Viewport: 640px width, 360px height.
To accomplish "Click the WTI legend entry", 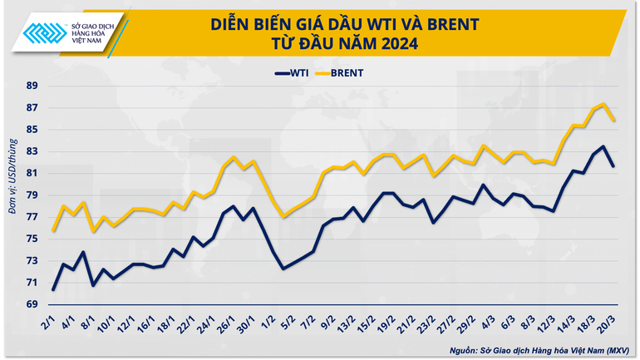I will pos(293,73).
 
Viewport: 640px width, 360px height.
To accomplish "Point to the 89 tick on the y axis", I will pos(32,86).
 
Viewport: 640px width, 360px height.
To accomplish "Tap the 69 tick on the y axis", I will pos(32,304).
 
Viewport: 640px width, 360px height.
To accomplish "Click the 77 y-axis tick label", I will pos(32,217).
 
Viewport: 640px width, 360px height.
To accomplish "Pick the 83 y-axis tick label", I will pos(32,151).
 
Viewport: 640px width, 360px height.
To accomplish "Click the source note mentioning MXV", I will pos(540,349).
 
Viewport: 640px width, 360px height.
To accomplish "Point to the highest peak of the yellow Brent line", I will pos(603,104).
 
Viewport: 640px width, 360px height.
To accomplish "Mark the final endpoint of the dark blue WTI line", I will pos(613,166).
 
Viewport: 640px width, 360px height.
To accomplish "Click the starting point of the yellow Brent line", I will pos(53,230).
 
